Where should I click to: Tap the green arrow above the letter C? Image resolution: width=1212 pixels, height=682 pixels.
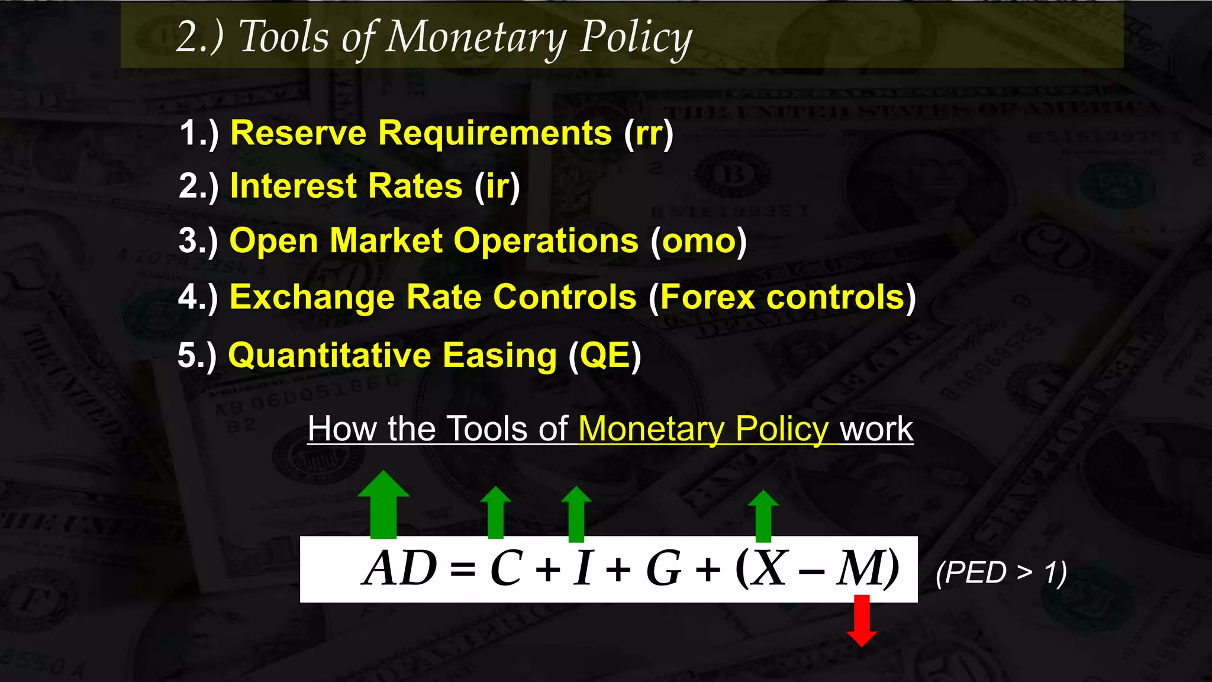tap(495, 513)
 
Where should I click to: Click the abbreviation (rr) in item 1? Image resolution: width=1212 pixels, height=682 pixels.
tap(649, 133)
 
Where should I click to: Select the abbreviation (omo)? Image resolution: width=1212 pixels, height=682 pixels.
tap(698, 241)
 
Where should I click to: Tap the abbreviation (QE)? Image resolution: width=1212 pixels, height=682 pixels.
tap(605, 356)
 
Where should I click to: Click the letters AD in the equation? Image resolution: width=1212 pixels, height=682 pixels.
tap(400, 568)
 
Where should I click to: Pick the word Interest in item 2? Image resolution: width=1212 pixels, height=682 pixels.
tap(293, 186)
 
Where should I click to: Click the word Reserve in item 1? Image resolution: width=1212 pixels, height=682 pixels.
tap(298, 133)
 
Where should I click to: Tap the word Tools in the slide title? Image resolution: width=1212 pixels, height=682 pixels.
tap(283, 37)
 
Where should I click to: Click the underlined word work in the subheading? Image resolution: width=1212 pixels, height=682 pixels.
tap(876, 429)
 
